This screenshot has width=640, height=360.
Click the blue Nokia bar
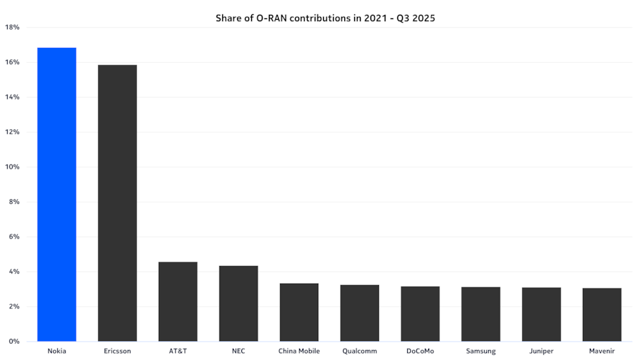(x=56, y=194)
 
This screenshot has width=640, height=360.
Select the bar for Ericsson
(x=117, y=203)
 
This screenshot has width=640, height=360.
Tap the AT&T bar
(x=178, y=301)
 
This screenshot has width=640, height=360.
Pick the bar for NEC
(x=239, y=304)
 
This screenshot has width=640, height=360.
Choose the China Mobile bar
(x=299, y=312)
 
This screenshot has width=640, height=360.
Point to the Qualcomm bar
(x=360, y=313)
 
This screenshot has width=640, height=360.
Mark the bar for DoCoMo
(x=421, y=313)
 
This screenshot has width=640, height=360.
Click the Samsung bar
(x=481, y=314)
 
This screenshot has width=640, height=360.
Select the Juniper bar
(x=541, y=314)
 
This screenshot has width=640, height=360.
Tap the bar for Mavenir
(x=602, y=315)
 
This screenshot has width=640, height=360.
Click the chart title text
(x=325, y=18)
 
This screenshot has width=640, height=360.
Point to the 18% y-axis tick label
(x=12, y=28)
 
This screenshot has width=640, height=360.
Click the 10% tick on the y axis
(x=12, y=167)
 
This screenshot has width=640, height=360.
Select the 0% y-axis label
(x=13, y=342)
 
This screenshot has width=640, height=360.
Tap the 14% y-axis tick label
(x=12, y=97)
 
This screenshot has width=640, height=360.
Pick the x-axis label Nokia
(x=56, y=351)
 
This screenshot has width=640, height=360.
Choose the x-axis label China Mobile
(x=299, y=351)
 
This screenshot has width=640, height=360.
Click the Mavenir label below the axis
(x=602, y=351)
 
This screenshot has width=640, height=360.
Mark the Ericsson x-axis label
(x=117, y=351)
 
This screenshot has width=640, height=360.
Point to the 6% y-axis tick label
(x=13, y=237)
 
